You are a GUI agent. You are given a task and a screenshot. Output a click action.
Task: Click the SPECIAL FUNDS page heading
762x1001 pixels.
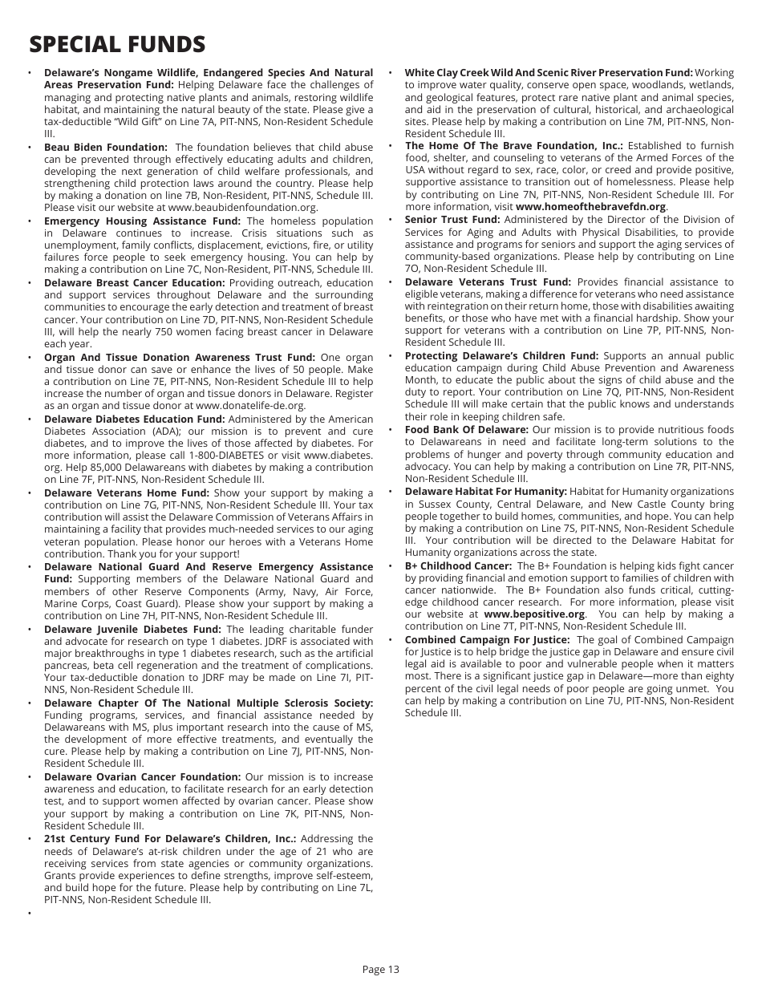[117, 44]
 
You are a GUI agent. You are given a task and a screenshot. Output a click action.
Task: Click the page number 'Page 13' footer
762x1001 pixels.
[380, 969]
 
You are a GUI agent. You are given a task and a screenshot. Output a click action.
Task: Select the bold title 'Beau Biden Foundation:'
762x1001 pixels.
[105, 147]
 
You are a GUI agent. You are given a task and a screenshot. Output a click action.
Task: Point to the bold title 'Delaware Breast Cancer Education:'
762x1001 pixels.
[134, 283]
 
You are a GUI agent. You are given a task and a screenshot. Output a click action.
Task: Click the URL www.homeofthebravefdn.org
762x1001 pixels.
[590, 207]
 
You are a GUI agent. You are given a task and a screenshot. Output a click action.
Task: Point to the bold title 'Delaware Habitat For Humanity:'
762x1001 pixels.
[485, 492]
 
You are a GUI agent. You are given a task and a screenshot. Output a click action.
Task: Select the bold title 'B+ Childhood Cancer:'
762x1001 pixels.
[458, 565]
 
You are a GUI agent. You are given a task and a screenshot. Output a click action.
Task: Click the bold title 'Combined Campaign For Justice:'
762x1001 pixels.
[487, 640]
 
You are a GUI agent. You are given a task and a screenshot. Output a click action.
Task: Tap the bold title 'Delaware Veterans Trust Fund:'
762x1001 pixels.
[488, 282]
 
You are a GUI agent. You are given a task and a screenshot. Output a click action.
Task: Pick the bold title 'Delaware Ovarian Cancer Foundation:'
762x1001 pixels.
[142, 777]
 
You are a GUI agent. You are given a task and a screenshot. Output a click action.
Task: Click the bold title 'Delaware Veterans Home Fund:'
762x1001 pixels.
[126, 493]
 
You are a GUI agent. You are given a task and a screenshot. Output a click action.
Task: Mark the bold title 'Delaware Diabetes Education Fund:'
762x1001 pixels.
[134, 419]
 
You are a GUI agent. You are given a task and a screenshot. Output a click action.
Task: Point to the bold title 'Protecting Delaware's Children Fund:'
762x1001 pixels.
[501, 356]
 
